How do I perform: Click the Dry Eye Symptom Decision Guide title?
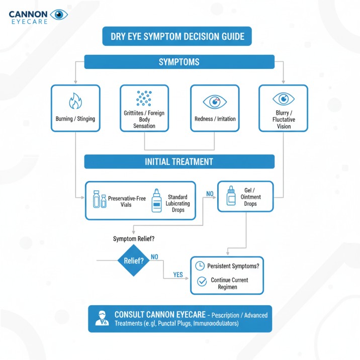(177, 36)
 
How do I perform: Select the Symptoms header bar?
(179, 62)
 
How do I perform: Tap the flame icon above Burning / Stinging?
(75, 101)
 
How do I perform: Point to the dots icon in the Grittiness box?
(144, 98)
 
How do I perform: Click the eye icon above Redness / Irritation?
(215, 102)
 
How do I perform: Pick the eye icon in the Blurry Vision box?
(284, 98)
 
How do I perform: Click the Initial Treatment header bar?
(179, 161)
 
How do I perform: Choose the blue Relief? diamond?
(133, 261)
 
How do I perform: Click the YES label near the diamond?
(177, 275)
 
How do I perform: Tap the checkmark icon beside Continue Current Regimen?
(202, 282)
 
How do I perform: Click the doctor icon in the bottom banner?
(102, 318)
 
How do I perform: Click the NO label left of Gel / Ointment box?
(210, 194)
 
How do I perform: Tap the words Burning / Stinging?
(75, 119)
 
